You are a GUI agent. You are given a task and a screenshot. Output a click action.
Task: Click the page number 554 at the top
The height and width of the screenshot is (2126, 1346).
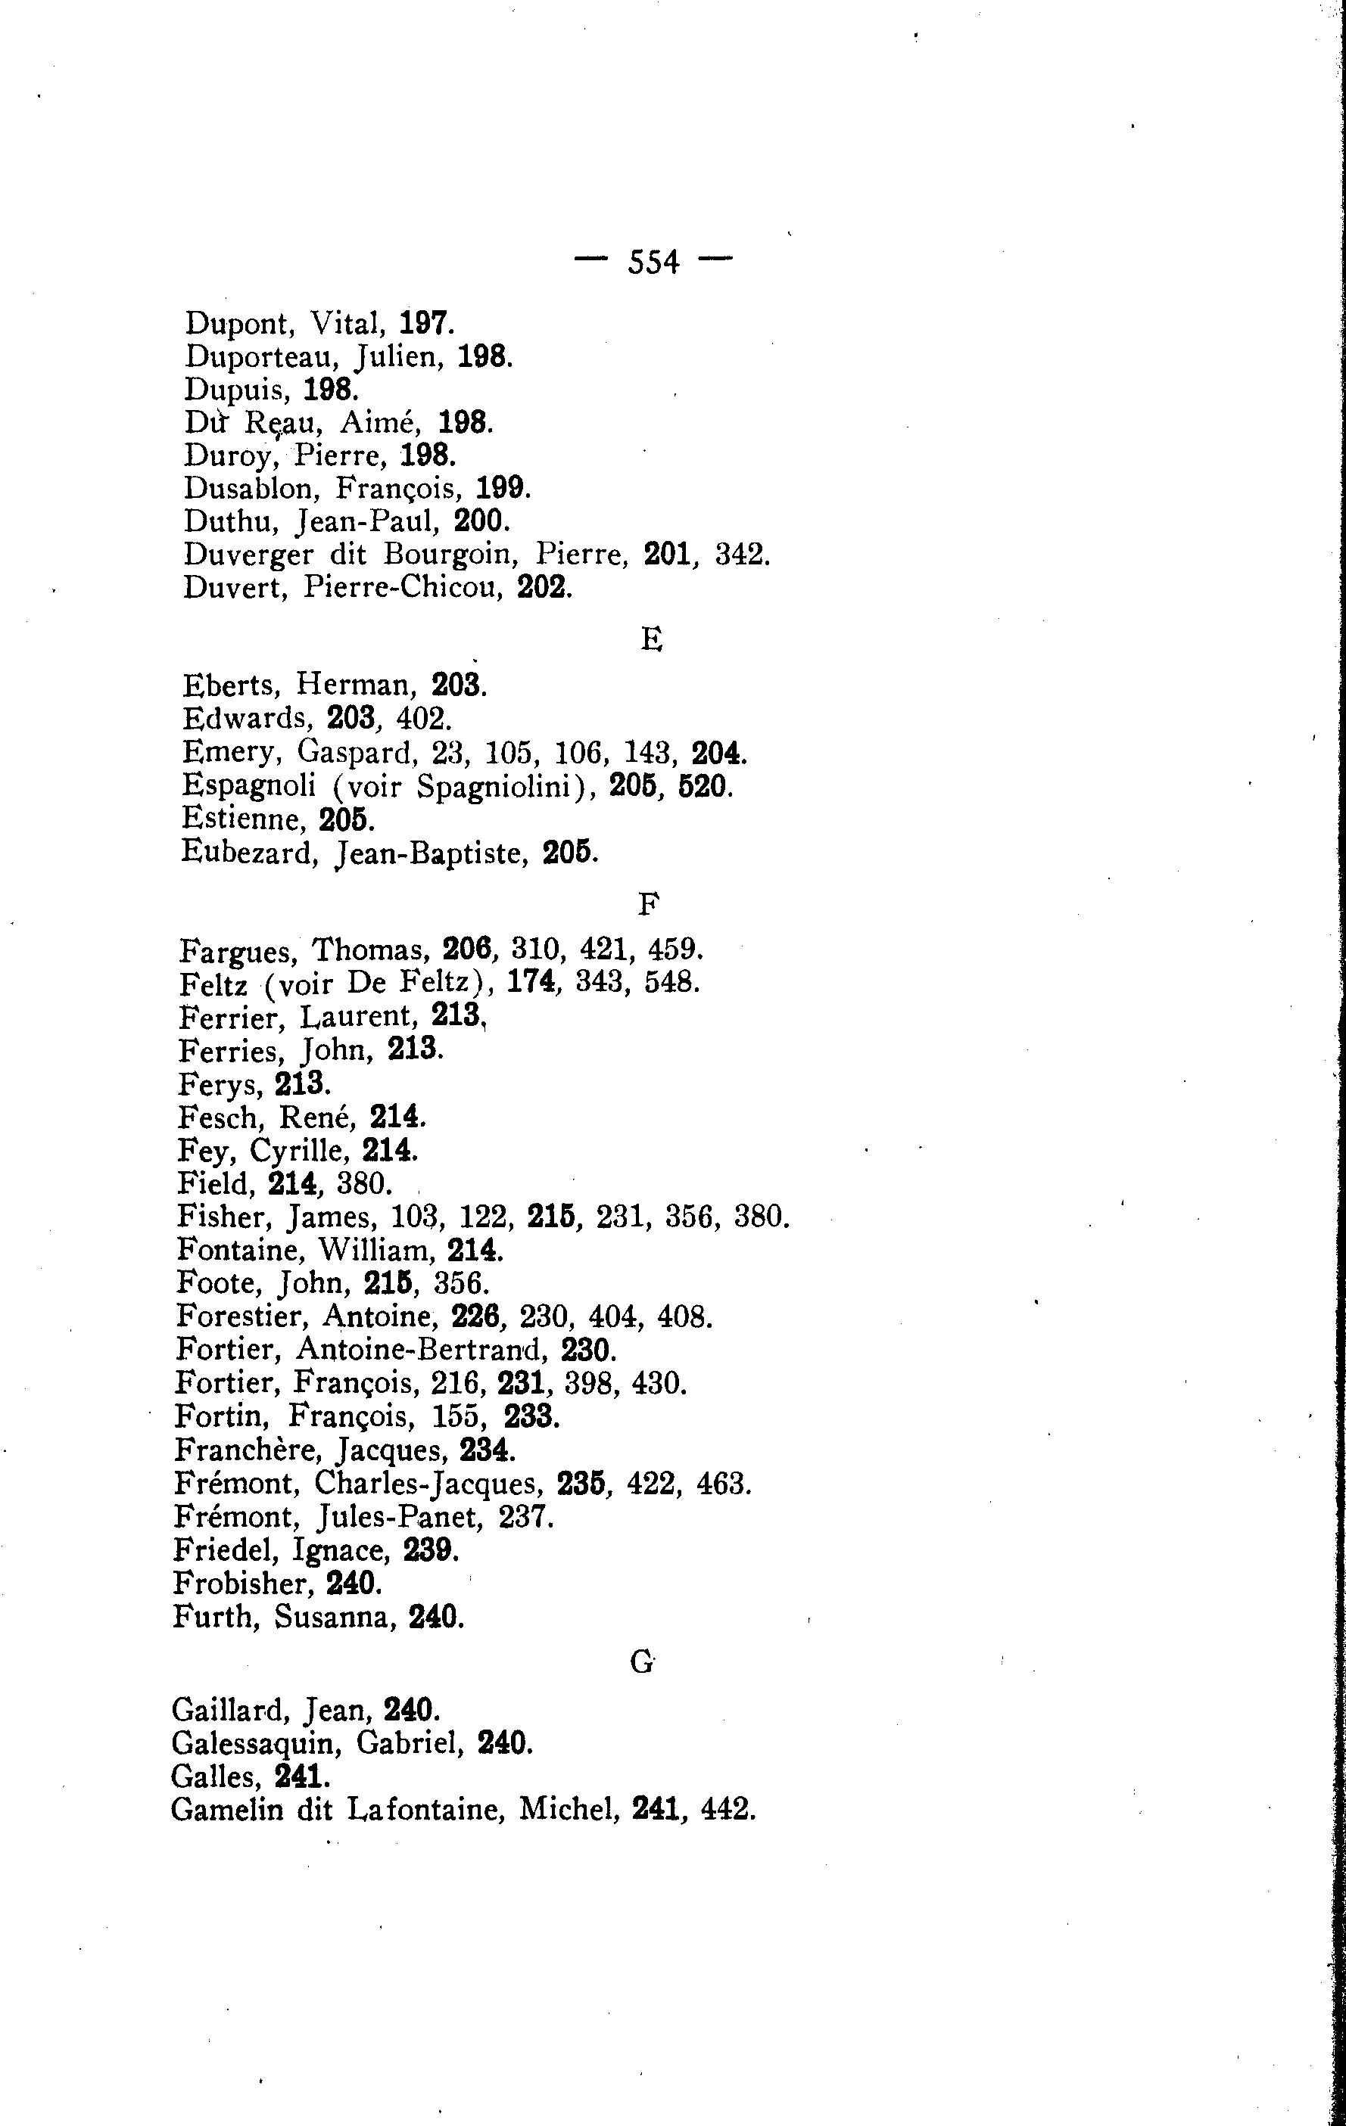(x=653, y=263)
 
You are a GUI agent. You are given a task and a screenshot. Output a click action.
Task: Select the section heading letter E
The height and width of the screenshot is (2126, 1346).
(x=651, y=639)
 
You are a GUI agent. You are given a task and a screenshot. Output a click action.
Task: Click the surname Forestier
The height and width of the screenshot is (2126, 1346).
(x=240, y=1316)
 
